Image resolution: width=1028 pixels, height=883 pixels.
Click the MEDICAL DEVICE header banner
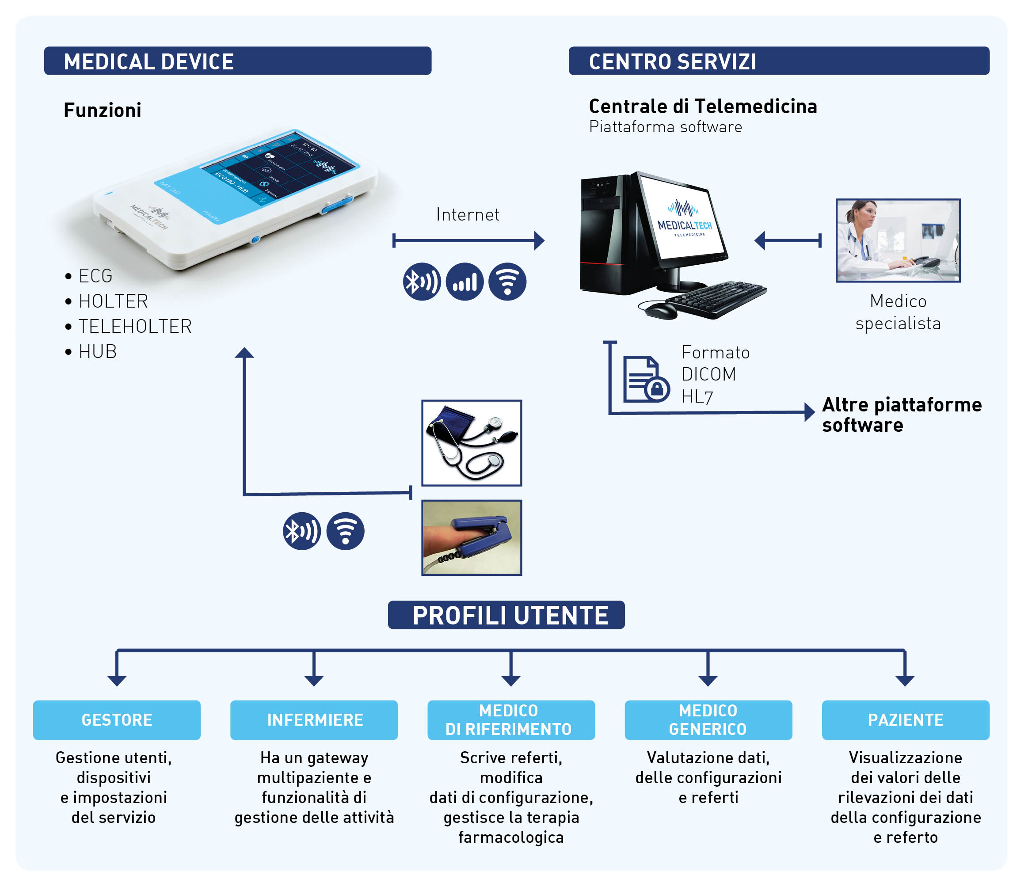point(237,61)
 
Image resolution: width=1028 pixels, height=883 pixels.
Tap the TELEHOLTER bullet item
point(134,327)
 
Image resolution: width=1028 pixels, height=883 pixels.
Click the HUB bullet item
point(97,352)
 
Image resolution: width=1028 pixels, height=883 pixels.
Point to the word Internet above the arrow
point(467,215)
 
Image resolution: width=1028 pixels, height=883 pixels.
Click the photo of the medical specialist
point(898,240)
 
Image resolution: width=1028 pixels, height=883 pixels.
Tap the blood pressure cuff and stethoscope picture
point(471,443)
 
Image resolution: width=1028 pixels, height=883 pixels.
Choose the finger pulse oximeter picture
point(471,538)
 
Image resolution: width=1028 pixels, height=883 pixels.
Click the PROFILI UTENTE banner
point(506,615)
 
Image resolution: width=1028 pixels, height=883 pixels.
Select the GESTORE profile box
point(117,720)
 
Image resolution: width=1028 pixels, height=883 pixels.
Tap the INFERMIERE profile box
point(314,720)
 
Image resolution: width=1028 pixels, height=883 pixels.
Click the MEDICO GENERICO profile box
point(708,720)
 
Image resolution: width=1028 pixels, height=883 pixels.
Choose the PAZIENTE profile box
point(906,720)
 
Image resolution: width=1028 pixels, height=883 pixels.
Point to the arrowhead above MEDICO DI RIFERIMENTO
point(510,680)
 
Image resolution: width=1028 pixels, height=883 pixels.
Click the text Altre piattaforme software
point(901,415)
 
